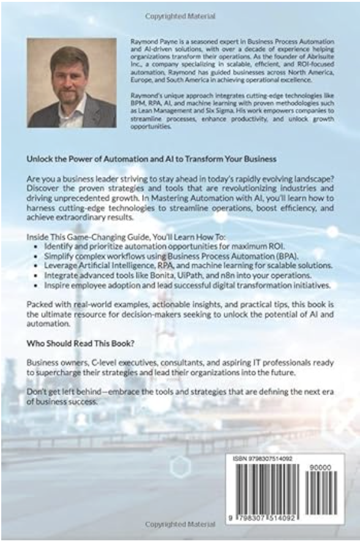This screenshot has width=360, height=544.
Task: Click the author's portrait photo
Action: pyautogui.click(x=72, y=82)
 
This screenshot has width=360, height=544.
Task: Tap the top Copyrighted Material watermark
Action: pyautogui.click(x=179, y=11)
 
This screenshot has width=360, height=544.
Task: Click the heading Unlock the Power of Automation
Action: pyautogui.click(x=151, y=158)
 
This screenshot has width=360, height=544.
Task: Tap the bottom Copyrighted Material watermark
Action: pyautogui.click(x=179, y=525)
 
